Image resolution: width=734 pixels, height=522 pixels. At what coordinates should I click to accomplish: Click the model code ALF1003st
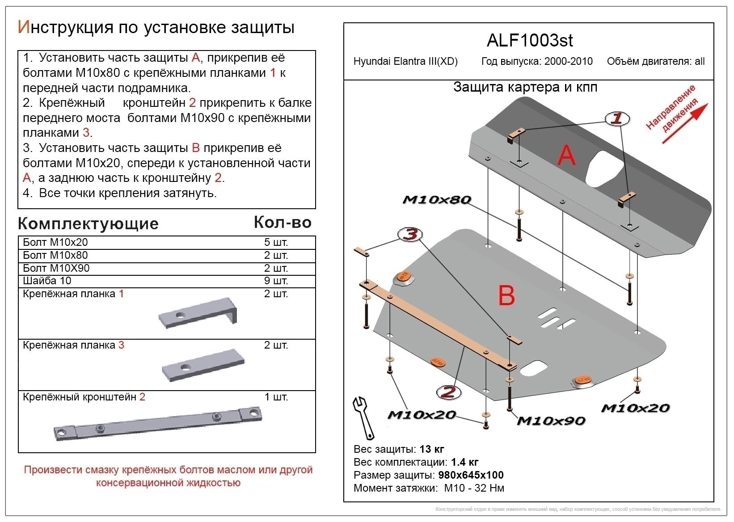(529, 41)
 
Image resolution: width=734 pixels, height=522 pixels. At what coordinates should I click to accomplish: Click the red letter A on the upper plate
(566, 156)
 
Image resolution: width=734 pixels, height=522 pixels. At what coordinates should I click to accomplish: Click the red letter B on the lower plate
(506, 296)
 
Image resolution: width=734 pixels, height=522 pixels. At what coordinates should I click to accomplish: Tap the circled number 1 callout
(617, 118)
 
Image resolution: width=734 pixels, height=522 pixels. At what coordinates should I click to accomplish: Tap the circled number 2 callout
(448, 392)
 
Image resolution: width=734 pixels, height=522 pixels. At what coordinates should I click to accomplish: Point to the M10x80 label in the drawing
(437, 200)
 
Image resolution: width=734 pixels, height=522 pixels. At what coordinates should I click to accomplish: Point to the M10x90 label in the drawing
(551, 421)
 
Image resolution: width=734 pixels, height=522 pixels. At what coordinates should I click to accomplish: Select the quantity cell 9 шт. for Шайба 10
(276, 281)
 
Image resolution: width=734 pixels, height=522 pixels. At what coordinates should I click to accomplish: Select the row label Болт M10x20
(55, 242)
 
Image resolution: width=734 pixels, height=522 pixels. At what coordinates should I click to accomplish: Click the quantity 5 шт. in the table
(276, 242)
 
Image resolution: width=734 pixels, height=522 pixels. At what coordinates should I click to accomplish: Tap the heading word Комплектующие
(88, 223)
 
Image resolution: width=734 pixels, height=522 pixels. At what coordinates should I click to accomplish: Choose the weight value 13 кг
(432, 449)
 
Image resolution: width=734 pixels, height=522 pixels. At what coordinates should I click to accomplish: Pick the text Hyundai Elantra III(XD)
(405, 62)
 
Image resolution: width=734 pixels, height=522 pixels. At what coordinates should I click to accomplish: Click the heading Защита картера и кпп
(525, 87)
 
